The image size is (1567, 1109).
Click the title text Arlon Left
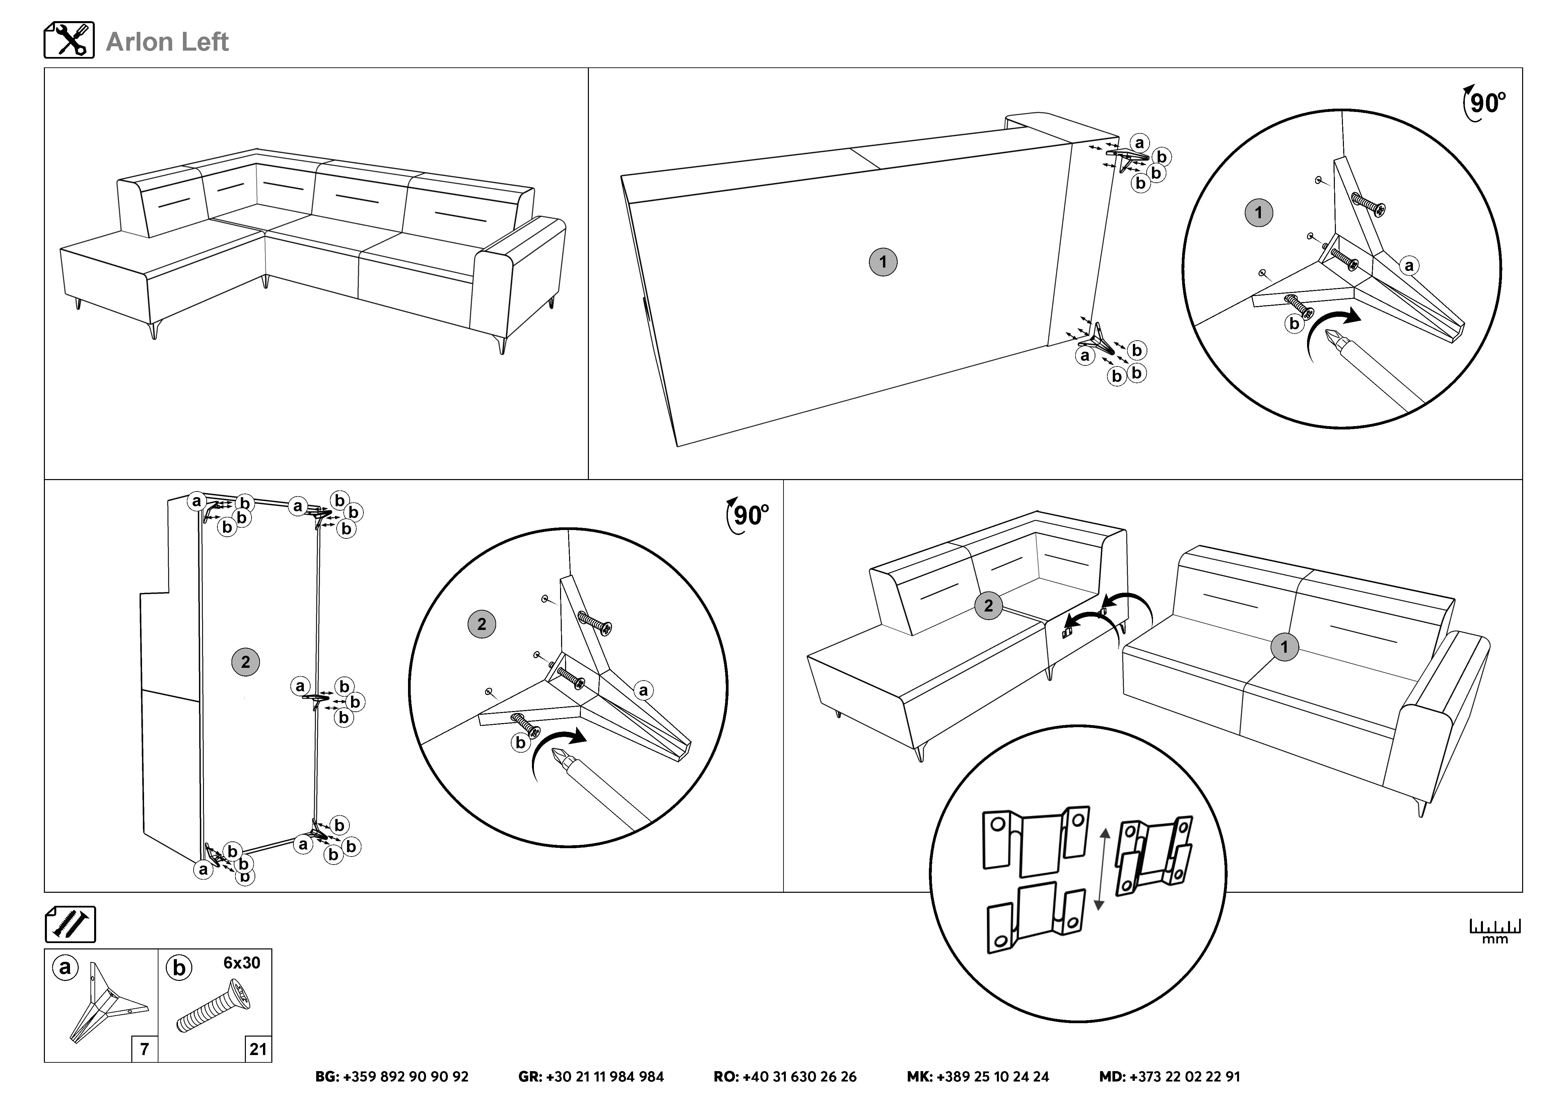tap(167, 42)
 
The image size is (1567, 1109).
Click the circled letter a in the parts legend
tap(66, 968)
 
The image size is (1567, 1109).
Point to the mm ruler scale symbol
tap(1495, 931)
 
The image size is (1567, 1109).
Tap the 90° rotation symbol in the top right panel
tap(1484, 104)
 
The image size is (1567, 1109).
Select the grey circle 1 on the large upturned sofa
tap(882, 261)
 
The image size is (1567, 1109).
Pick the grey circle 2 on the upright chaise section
tap(246, 662)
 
